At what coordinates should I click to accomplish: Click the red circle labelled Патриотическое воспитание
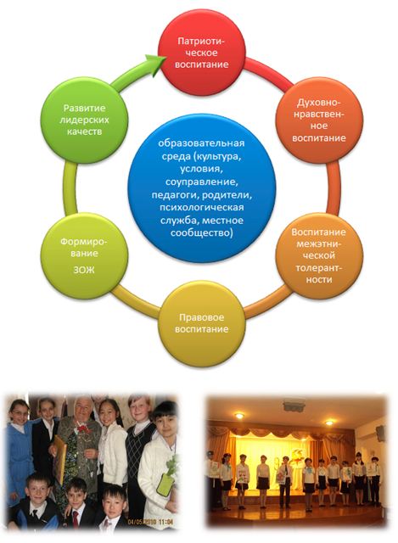pos(202,53)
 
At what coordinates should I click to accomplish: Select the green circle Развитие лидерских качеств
pos(84,120)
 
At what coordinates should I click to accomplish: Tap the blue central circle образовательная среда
pos(202,188)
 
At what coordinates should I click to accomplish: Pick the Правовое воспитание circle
pos(202,322)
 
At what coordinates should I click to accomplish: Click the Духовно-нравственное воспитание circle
pos(319,120)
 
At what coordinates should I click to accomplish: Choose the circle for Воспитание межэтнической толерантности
pos(319,255)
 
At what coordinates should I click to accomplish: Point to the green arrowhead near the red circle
pos(155,64)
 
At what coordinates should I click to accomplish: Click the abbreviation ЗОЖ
pos(84,270)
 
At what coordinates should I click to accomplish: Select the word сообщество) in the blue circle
pos(202,232)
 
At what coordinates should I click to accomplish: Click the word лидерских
pos(84,120)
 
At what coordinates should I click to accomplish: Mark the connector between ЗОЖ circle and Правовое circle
pos(134,301)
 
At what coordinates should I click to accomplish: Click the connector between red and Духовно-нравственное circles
pos(269,72)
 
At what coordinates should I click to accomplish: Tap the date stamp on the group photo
pos(150,521)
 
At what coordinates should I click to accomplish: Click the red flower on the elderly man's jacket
pos(82,429)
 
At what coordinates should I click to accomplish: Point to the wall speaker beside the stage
pos(381,433)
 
